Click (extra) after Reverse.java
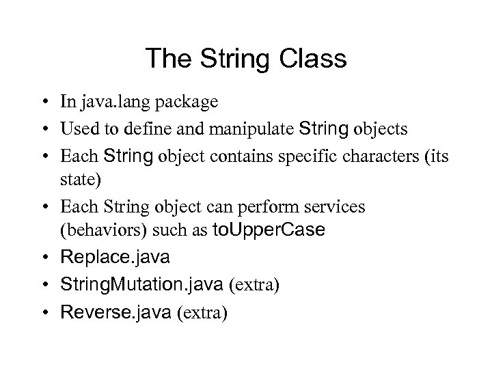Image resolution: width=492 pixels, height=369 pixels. click(202, 312)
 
